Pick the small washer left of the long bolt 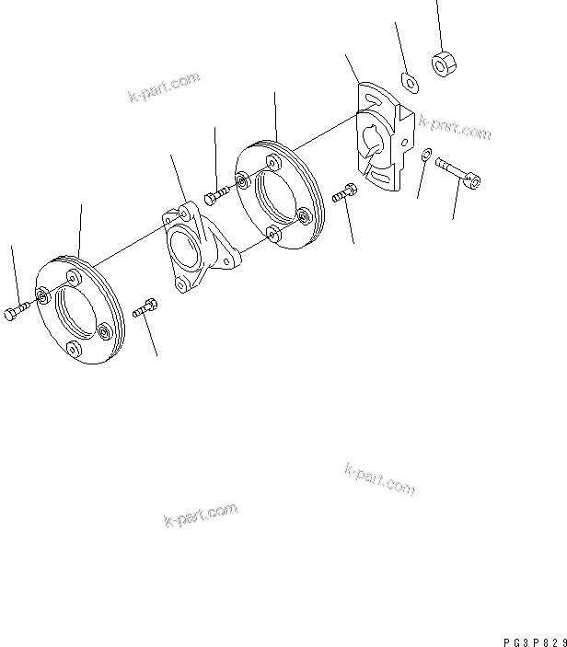pos(424,161)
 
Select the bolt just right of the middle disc pos(343,194)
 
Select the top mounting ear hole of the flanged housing pos(171,219)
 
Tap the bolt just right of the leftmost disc pos(145,309)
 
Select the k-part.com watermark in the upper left pos(164,88)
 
